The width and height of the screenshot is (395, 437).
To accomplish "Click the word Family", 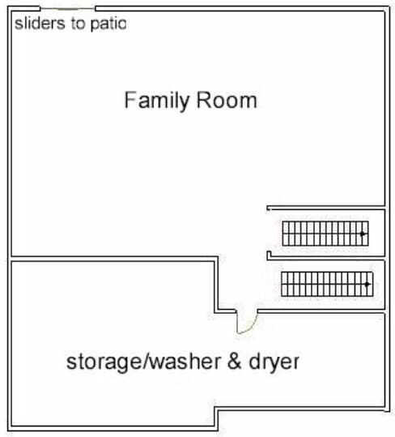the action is click(x=156, y=101).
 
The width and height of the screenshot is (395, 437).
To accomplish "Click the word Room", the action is click(x=227, y=100).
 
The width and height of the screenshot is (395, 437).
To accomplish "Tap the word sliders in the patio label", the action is click(x=39, y=23).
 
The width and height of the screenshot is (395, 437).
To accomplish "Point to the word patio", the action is click(x=108, y=24).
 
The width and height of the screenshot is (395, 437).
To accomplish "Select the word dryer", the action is click(x=274, y=363).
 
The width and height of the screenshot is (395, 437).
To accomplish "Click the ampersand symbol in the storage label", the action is click(x=234, y=361).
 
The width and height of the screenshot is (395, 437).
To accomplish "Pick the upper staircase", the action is click(x=325, y=233).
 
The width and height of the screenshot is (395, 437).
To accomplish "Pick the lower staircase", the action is click(x=327, y=284).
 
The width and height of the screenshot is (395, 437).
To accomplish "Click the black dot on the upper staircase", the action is click(x=363, y=233).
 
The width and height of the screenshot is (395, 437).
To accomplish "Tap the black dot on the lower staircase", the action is click(x=367, y=284).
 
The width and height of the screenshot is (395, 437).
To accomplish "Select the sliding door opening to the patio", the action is click(x=68, y=9).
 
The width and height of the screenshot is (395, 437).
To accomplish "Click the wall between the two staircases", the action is click(x=326, y=258).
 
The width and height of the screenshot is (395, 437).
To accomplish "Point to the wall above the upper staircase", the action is click(x=326, y=208).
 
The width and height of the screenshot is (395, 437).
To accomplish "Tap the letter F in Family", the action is click(x=130, y=100).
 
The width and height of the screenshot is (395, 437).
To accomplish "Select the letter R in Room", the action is click(x=204, y=100).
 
